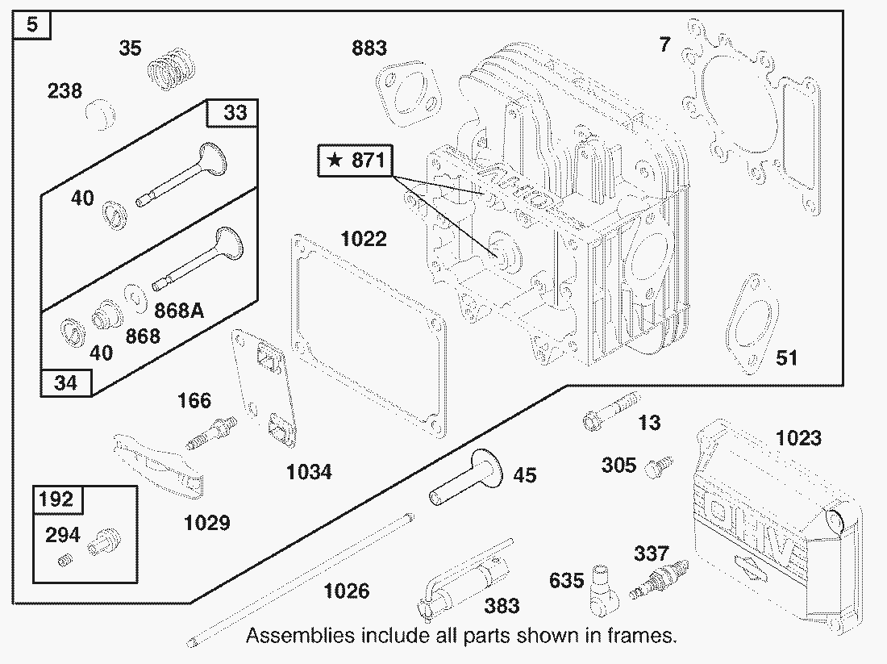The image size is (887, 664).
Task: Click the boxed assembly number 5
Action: tap(31, 25)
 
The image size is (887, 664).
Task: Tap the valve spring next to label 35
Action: tap(172, 66)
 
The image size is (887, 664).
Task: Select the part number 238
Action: tap(65, 91)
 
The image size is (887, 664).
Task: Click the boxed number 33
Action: tap(235, 112)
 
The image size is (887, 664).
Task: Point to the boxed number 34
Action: tap(65, 382)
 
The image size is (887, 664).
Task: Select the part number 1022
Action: tap(363, 239)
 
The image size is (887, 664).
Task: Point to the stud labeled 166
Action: tap(212, 431)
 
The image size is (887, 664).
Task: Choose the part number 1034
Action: tap(309, 472)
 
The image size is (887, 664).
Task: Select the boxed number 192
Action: tap(56, 499)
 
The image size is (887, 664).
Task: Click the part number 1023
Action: tap(798, 438)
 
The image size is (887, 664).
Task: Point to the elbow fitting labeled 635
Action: tap(604, 588)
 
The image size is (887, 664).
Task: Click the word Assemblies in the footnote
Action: tap(299, 635)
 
